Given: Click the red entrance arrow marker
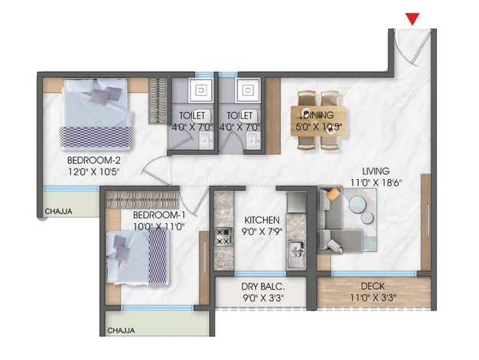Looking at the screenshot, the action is (412, 18).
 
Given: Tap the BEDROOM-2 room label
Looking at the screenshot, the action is (94, 160).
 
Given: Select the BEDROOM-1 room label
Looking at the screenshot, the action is (159, 215).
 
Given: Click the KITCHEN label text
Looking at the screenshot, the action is (262, 221).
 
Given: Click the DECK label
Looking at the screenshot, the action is (373, 286).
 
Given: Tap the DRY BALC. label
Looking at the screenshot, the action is (263, 286).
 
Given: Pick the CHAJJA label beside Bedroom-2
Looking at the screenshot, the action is (59, 211).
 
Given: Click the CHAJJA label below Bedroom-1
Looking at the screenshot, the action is (121, 331).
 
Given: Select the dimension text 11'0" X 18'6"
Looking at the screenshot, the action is (376, 183).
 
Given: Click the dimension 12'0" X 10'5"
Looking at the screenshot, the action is (93, 172).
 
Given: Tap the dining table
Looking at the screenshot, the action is (318, 121).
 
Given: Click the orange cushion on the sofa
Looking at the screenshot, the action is (333, 194).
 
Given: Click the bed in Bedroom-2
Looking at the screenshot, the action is (97, 114).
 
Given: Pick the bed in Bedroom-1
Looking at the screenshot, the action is (138, 257).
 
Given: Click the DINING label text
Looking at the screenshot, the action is (318, 116).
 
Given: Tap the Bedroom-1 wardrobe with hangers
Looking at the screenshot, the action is (142, 199).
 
